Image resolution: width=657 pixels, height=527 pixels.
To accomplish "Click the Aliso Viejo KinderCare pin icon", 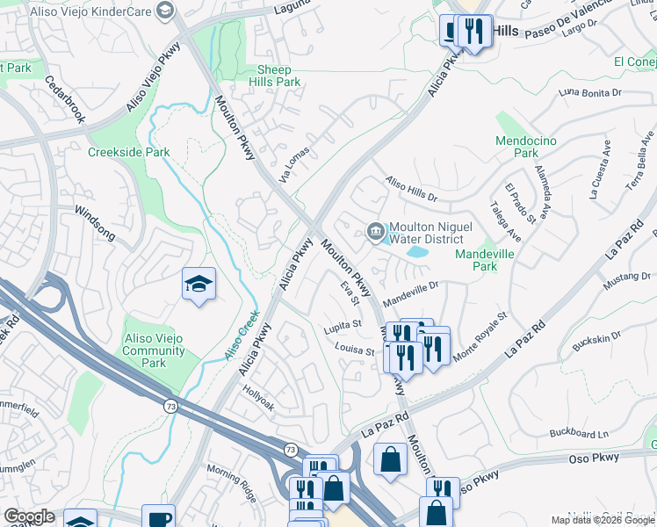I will point(163,11).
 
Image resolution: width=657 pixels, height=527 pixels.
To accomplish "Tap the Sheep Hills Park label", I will point(279,76).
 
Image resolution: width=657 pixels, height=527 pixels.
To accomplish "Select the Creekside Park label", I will point(128,151).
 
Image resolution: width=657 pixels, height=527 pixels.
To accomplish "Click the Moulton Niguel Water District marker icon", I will point(375,232).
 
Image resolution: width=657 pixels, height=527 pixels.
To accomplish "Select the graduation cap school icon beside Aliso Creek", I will point(199,285).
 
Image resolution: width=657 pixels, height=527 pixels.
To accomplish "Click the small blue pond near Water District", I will point(415,252).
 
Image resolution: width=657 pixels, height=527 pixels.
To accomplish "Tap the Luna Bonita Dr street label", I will point(589,91).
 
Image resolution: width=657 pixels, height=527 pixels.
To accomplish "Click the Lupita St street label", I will point(343,324).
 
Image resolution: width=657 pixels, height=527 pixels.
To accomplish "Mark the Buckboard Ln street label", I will point(579,433).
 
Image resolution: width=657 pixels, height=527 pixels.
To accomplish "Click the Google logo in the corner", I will point(30,516).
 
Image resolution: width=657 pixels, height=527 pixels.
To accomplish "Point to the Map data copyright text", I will point(602,520).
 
